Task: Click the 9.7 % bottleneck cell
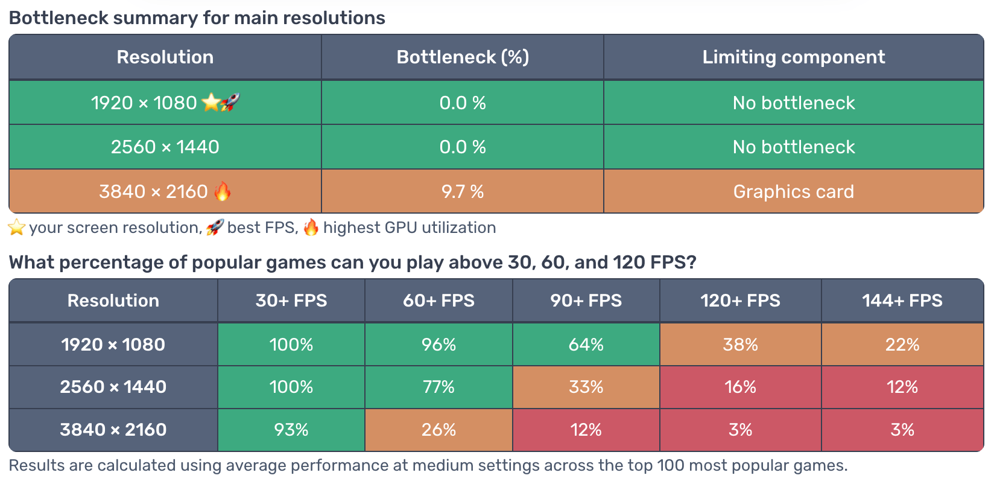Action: (x=463, y=191)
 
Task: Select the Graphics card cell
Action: (x=793, y=191)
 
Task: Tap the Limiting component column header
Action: (x=793, y=57)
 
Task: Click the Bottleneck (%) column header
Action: (x=463, y=57)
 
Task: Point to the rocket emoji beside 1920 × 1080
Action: (x=230, y=103)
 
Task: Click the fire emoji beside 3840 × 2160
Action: (x=223, y=191)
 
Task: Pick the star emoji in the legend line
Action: (x=16, y=228)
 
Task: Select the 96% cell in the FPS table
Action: (x=438, y=345)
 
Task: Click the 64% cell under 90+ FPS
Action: (x=586, y=345)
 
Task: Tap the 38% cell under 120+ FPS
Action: (x=740, y=345)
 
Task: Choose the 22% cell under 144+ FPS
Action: (x=902, y=345)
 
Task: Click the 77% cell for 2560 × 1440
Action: (x=438, y=387)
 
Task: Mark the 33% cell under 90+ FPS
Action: (x=586, y=387)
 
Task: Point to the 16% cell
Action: (x=740, y=387)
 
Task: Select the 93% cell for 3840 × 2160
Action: (x=291, y=429)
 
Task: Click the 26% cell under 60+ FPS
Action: (x=438, y=429)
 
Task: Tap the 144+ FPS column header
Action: (x=902, y=301)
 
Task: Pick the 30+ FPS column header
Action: (x=291, y=301)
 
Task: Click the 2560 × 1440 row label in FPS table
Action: (x=113, y=387)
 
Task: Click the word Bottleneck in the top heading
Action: (x=59, y=18)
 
